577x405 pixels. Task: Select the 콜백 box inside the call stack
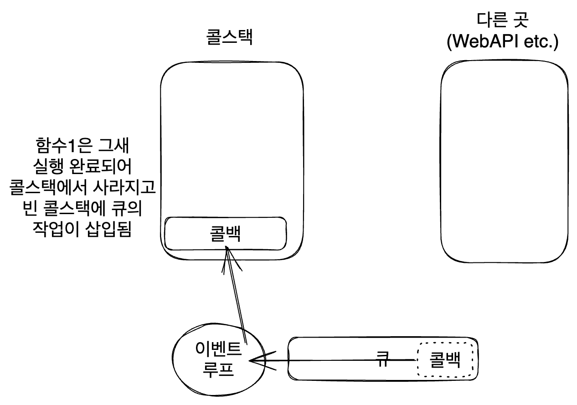(226, 233)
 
